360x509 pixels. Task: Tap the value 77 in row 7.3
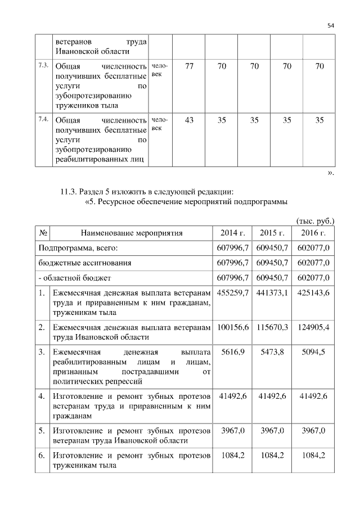pos(189,66)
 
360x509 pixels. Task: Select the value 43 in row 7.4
pos(189,120)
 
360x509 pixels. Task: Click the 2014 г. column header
pos(231,232)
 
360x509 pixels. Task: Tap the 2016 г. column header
pos(313,232)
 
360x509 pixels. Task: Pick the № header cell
pos(43,232)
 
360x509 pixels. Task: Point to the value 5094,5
pos(313,352)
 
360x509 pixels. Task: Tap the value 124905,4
pos(313,327)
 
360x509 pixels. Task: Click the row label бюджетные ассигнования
pos(85,263)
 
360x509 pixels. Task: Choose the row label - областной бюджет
pos(75,278)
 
